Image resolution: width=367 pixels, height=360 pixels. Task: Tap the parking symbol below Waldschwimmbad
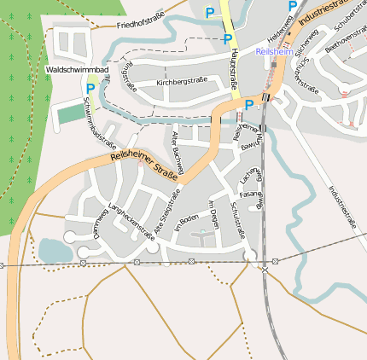90,88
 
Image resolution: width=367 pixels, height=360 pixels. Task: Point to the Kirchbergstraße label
182,83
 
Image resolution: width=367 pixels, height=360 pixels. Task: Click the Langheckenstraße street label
131,221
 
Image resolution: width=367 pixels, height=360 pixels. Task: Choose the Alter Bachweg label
177,148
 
